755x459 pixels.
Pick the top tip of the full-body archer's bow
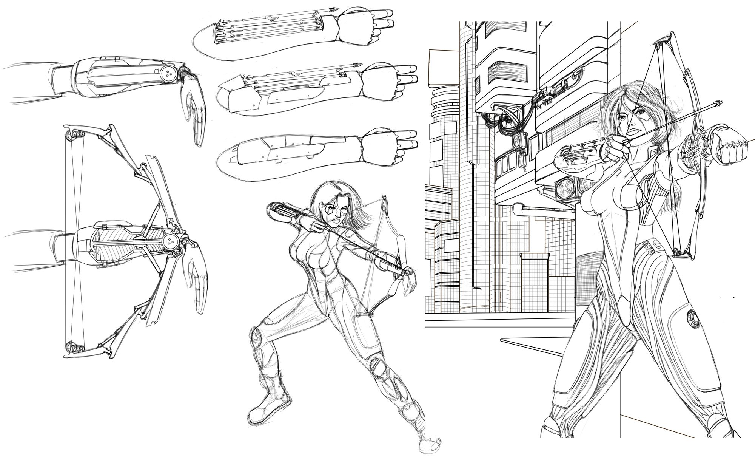384,197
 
